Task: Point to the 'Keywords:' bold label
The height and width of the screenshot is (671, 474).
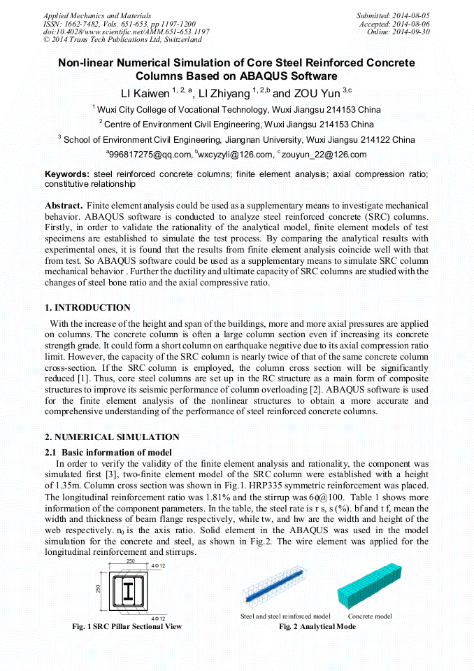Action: click(67, 174)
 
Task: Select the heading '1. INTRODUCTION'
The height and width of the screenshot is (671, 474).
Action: click(87, 308)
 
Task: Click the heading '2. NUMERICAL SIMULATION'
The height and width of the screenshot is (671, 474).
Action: click(112, 437)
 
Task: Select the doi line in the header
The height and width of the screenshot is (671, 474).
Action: click(126, 32)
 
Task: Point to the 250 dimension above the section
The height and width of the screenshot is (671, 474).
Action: click(131, 562)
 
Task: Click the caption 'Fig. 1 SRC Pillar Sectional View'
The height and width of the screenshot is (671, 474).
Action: click(127, 626)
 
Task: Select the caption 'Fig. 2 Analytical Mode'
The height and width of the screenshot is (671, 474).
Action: click(317, 626)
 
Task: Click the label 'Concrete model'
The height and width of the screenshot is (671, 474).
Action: click(370, 616)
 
